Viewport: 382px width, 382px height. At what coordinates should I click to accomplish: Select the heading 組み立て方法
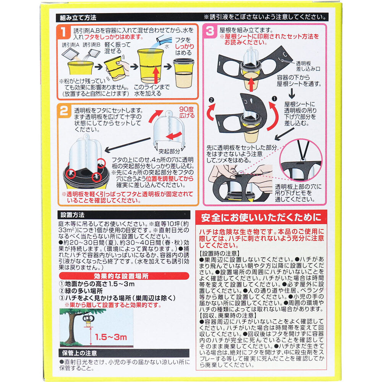(x=78, y=18)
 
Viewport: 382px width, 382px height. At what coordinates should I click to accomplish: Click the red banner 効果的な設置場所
(x=125, y=276)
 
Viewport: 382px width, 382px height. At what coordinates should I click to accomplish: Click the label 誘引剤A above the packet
(x=71, y=45)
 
